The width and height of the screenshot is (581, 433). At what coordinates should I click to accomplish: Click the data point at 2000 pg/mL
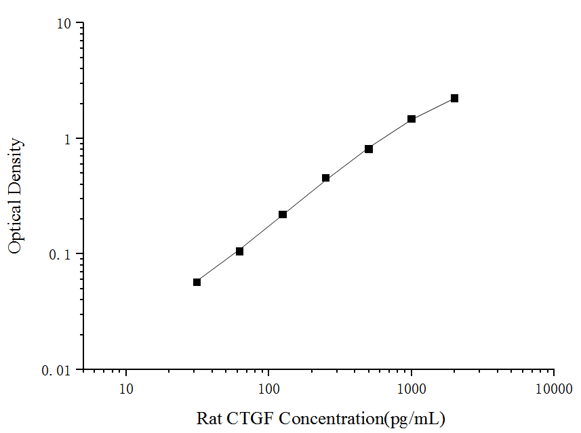coord(454,98)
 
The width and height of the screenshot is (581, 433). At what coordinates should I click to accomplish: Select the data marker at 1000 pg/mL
coord(412,119)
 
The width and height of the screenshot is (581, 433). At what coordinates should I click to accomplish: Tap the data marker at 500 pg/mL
coord(369,149)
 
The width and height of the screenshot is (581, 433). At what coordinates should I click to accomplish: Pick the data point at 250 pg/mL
coord(325,178)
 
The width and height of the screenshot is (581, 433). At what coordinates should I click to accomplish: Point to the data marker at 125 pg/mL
coord(283,215)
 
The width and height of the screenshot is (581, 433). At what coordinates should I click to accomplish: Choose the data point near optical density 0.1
coord(239,251)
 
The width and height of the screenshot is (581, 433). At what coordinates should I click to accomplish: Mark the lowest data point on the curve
coord(197,282)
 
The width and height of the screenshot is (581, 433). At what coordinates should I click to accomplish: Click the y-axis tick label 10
coord(64,24)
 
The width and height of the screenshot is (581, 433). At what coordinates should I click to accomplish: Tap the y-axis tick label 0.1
coord(61,255)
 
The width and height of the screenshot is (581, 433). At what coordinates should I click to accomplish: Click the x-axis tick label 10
coord(126,389)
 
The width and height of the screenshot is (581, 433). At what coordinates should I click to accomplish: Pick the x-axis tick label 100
coord(269,389)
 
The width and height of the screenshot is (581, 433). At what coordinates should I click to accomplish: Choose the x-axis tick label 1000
coord(412,389)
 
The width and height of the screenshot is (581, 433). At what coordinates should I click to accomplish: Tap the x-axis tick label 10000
coord(554,389)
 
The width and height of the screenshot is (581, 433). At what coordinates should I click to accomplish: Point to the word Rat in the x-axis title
coord(207,417)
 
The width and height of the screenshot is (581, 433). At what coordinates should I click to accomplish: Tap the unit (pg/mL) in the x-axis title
coord(415,418)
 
